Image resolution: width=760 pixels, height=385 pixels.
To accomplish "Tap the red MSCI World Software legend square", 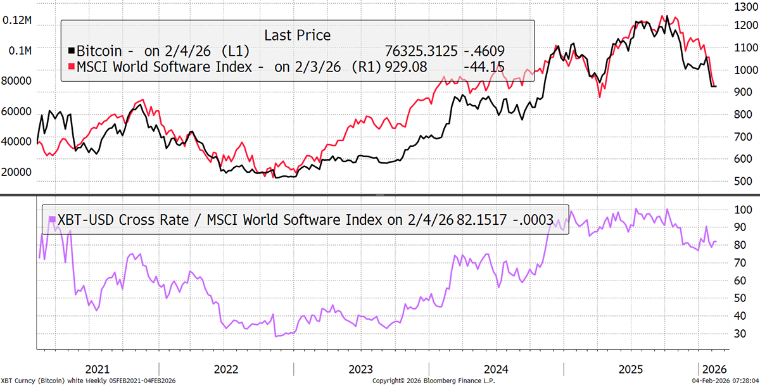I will point(71,66).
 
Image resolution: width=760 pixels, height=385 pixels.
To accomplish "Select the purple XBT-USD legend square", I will point(52,220).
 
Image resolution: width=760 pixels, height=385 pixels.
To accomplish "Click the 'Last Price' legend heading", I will point(298,35).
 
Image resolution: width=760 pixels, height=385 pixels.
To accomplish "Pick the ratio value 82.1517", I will point(494,220).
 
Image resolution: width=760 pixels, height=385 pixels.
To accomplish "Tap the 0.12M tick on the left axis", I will point(17,20).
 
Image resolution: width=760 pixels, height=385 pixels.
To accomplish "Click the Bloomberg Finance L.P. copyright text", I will point(433,381).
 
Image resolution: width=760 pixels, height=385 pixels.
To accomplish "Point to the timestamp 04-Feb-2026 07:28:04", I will point(721,381).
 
